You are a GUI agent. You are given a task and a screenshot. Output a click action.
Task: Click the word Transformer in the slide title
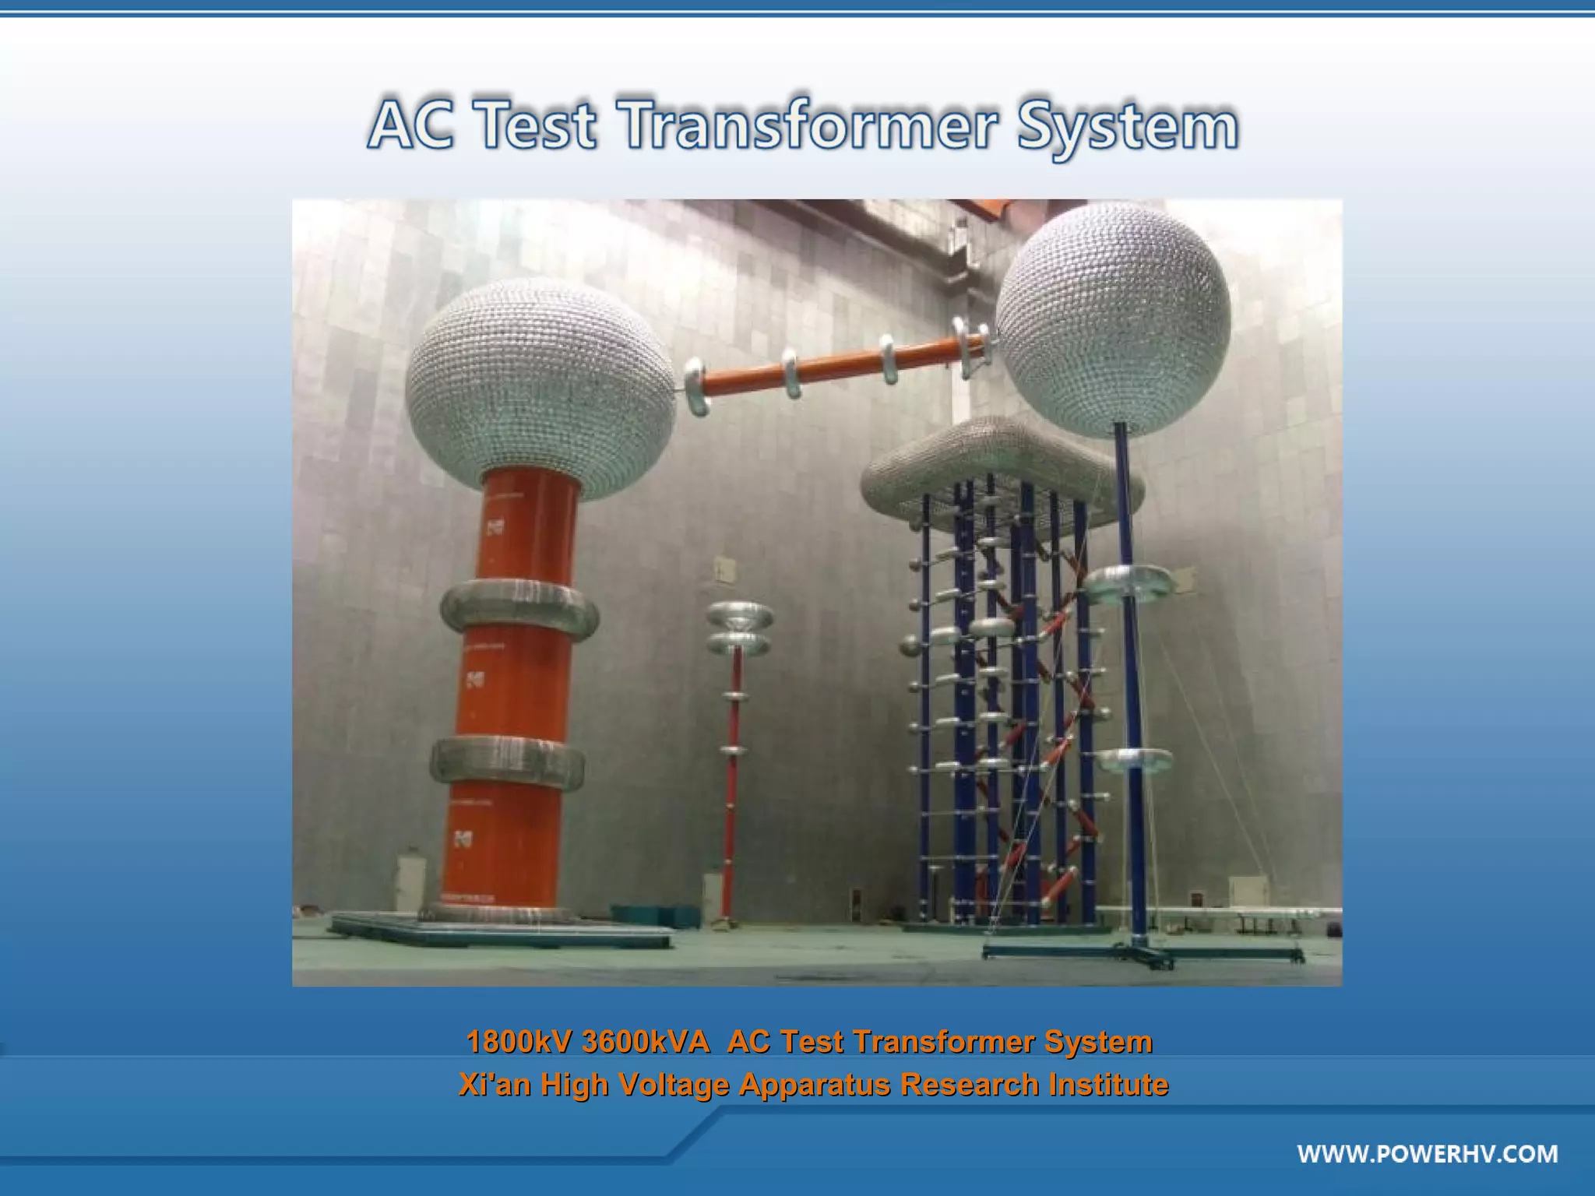(808, 125)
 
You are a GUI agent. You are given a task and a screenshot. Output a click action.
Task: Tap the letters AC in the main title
(410, 125)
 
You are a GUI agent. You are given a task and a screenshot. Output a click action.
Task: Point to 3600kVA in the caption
(646, 1041)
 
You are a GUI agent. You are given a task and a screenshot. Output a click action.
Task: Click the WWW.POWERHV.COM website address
(1427, 1153)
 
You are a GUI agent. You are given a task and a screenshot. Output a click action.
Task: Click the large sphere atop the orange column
(540, 378)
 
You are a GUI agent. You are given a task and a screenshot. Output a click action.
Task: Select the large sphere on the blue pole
(1114, 319)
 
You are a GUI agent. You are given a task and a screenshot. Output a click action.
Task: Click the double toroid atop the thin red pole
(739, 628)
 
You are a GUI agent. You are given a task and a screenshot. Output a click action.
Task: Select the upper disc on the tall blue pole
(1128, 584)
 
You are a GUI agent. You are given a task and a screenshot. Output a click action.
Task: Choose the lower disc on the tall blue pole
(1133, 761)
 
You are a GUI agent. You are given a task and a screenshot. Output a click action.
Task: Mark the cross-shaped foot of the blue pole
(1143, 952)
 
